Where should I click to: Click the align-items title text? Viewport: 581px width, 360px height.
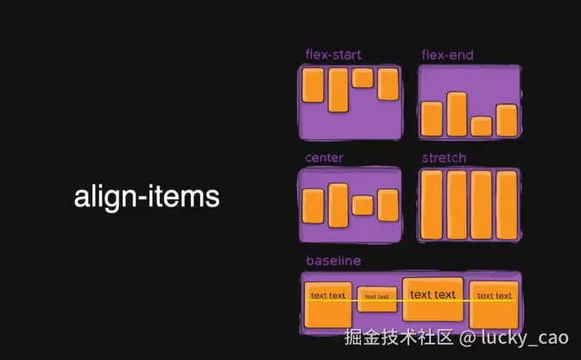147,197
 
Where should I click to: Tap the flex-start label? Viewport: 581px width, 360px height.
333,55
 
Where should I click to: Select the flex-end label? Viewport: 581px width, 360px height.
447,55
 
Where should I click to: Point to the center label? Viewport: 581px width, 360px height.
324,158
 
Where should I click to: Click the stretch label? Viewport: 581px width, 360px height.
444,158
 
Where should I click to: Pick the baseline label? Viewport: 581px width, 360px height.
333,260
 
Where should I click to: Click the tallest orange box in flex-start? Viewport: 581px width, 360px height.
338,91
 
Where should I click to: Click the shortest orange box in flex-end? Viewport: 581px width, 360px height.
482,126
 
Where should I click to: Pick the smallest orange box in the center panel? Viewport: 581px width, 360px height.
363,205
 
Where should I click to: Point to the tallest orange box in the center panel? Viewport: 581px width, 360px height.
338,205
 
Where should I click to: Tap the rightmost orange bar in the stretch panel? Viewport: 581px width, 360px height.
507,205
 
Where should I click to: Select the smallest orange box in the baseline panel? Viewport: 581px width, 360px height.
376,298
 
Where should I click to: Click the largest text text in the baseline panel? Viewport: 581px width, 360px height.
433,295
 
